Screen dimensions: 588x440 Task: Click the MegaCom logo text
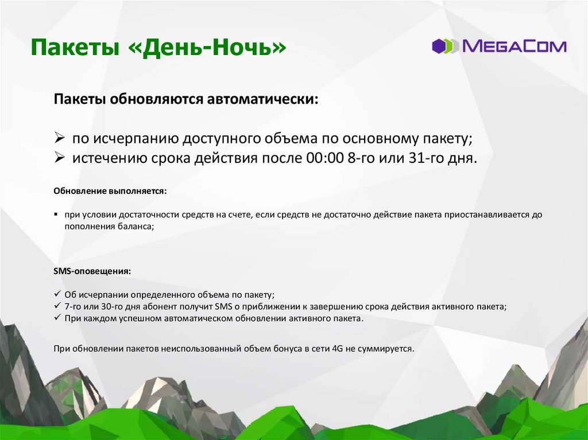pos(514,46)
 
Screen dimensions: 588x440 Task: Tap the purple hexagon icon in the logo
pos(439,46)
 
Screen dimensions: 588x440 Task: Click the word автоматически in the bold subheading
pos(262,99)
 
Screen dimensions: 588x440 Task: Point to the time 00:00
pos(325,158)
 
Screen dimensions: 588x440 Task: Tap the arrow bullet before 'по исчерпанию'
pos(59,138)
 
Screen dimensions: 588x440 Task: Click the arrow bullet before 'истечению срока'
pos(59,157)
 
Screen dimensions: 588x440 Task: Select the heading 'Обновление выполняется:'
pos(110,191)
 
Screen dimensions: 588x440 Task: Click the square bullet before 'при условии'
pos(56,215)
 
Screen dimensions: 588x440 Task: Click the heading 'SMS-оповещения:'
pos(92,271)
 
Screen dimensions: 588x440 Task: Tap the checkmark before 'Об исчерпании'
pos(57,294)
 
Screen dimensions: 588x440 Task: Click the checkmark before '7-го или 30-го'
pos(57,306)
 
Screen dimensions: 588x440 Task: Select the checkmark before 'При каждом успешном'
pos(57,318)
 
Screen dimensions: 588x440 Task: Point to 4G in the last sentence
pos(337,349)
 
